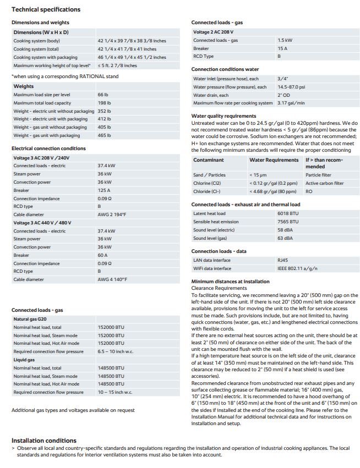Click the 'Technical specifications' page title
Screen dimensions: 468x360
(46, 9)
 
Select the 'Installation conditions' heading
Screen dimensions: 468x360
(44, 441)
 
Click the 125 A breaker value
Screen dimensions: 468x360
(103, 190)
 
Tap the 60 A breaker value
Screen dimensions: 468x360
(102, 255)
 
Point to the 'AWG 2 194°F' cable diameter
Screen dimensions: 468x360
(113, 214)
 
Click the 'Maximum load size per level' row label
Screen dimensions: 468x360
(43, 95)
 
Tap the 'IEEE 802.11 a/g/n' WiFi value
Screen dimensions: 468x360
(297, 268)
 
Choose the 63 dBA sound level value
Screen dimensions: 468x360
(285, 238)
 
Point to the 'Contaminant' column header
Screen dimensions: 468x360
(209, 160)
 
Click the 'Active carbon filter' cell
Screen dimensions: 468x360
(325, 183)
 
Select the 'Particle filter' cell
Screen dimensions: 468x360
(318, 175)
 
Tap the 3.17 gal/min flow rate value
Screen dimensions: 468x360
(291, 103)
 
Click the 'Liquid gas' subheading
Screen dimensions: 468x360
(24, 359)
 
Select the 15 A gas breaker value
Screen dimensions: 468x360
(282, 48)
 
